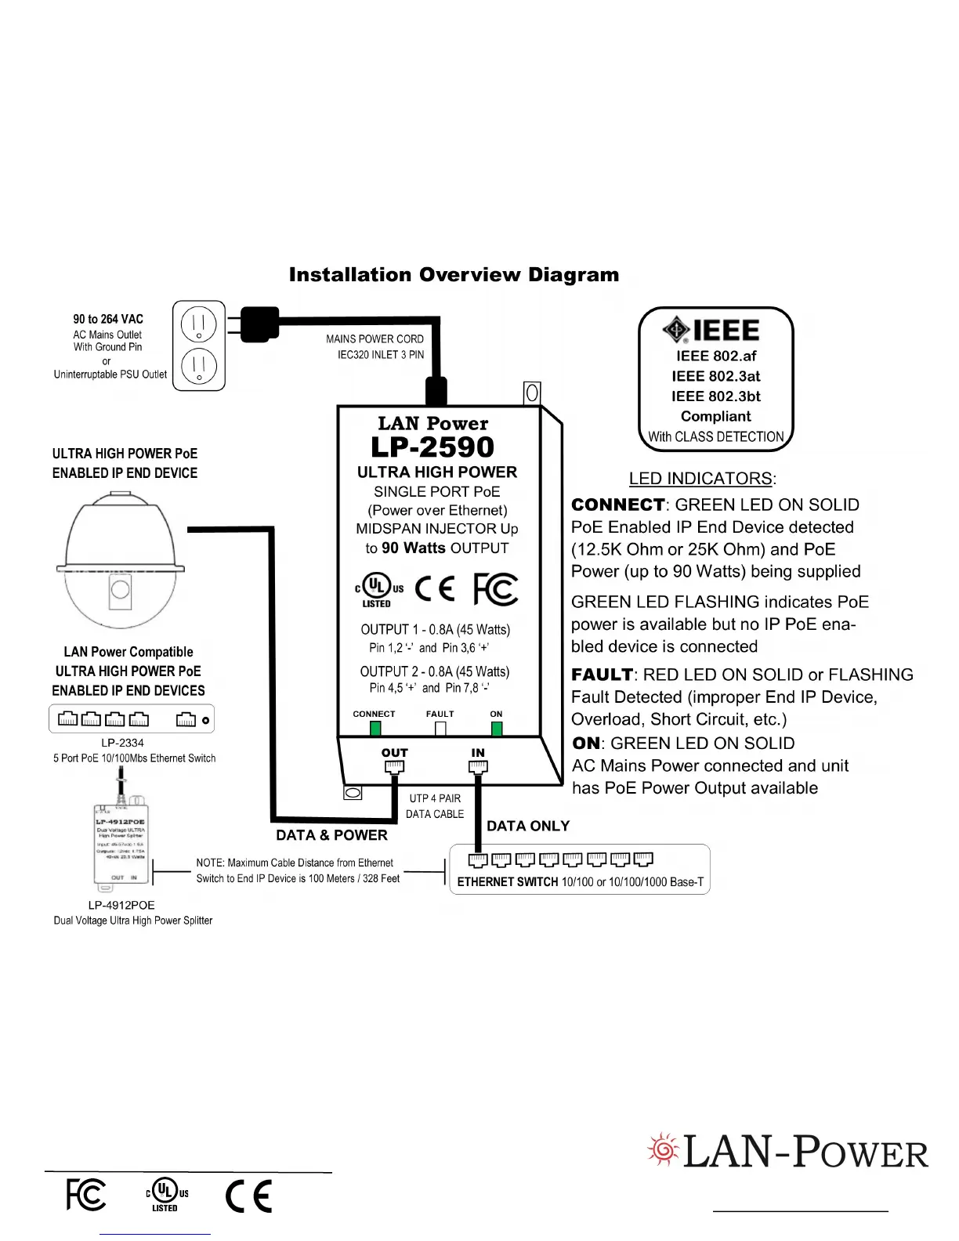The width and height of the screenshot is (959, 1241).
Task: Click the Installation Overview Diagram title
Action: (x=454, y=275)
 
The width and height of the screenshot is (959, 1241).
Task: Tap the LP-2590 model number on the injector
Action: (x=432, y=447)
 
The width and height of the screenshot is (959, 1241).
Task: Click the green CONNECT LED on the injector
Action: (x=375, y=729)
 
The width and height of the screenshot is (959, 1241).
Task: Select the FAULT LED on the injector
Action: (x=440, y=729)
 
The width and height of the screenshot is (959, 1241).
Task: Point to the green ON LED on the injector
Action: (x=497, y=729)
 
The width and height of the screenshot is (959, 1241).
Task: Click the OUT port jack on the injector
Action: (x=395, y=767)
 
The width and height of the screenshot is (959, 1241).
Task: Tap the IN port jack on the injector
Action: (x=478, y=767)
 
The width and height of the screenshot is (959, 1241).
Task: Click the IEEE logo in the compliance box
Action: (x=711, y=331)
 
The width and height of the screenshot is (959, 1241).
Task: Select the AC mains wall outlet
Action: (x=199, y=346)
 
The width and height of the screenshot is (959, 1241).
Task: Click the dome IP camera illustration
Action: (x=121, y=561)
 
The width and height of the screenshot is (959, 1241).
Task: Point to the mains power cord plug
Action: (x=259, y=322)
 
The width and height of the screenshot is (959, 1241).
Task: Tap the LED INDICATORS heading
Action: (x=702, y=479)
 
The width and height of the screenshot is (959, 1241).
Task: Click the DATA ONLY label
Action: (x=528, y=826)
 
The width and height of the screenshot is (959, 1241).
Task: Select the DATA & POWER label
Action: (x=331, y=835)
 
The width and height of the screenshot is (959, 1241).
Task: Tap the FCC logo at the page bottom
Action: (x=85, y=1195)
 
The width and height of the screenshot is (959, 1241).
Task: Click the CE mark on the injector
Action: (x=435, y=588)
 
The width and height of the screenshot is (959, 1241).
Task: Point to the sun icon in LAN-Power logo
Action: (x=664, y=1150)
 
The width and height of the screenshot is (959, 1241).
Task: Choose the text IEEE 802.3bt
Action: (x=715, y=396)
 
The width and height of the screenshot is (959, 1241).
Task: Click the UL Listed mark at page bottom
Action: (x=166, y=1195)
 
